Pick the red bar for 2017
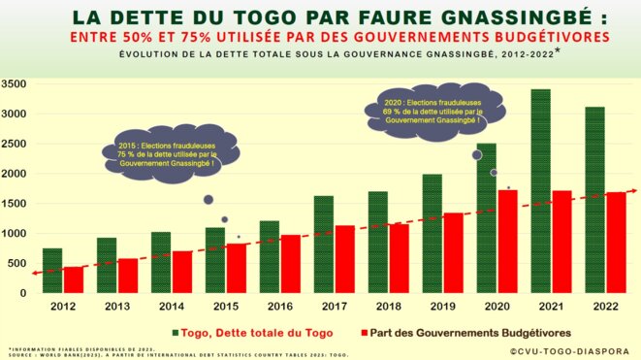pyautogui.click(x=343, y=258)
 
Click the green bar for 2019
pyautogui.click(x=432, y=233)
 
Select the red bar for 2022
pyautogui.click(x=615, y=242)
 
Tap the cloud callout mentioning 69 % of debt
pyautogui.click(x=432, y=110)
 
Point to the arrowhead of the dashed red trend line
pyautogui.click(x=631, y=191)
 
